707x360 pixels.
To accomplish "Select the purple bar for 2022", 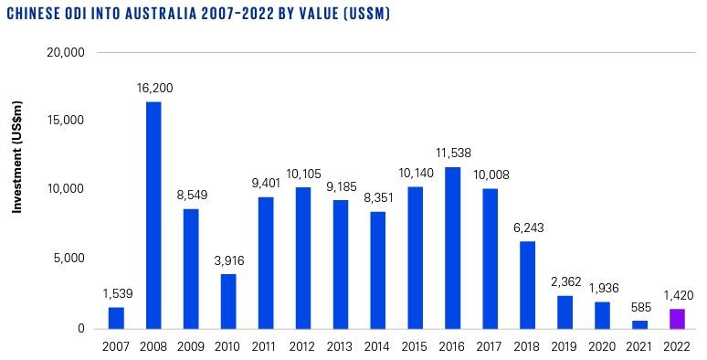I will (677, 318).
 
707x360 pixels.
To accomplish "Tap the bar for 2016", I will (452, 247).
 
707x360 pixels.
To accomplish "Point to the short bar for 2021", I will (639, 323).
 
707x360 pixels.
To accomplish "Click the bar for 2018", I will (527, 284).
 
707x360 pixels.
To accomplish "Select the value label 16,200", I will (153, 89).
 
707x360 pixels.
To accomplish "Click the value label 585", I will (639, 308).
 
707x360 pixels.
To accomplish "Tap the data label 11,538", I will (452, 154).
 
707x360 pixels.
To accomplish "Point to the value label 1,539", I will (116, 294).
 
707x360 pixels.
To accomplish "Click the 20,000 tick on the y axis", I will (65, 53).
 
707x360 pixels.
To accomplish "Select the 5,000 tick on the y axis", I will (69, 259).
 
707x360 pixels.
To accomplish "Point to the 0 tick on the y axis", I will (81, 328).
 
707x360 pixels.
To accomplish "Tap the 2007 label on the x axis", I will (116, 346).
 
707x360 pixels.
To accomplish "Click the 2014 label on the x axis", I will (377, 346).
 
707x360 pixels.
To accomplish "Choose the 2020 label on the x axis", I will (602, 346).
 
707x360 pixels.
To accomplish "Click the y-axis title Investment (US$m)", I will (17, 191).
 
